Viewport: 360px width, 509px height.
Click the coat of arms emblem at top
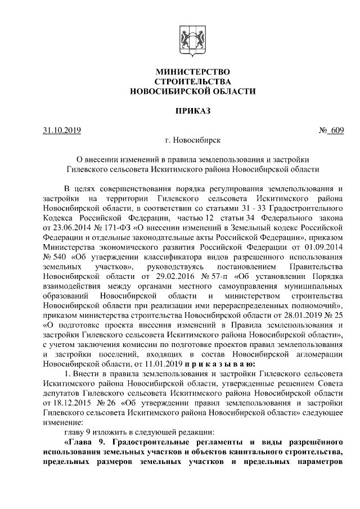192,39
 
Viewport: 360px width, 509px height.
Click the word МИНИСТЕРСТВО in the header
192,72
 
